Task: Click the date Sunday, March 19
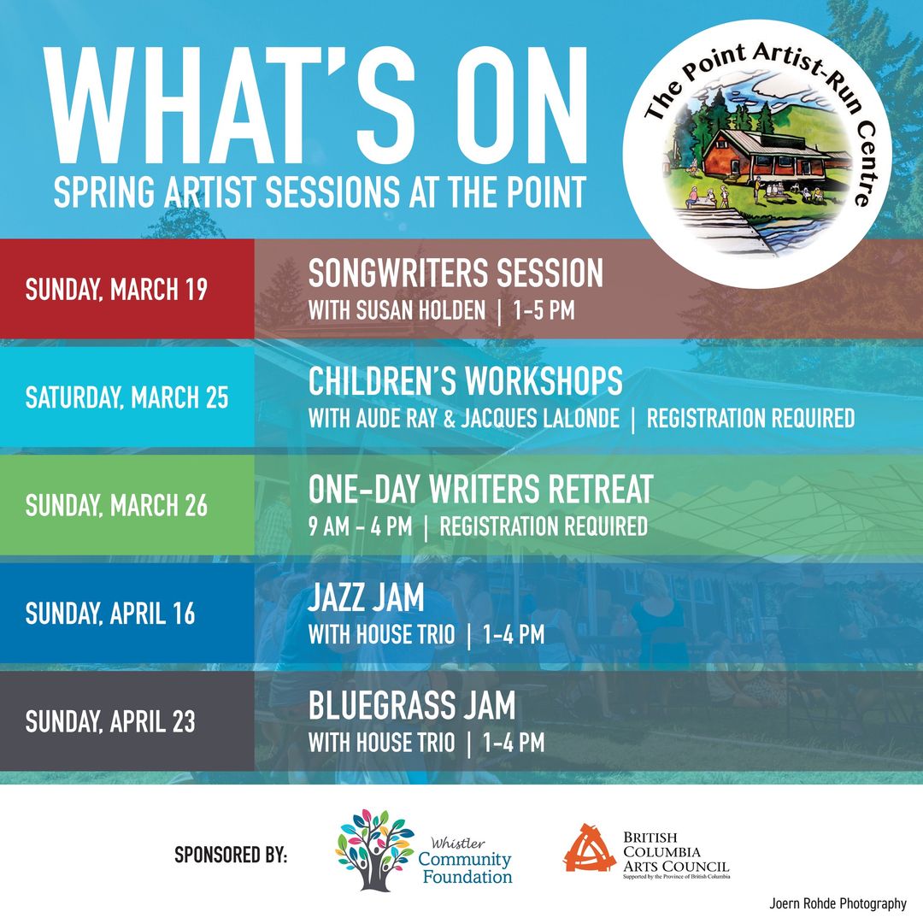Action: [116, 289]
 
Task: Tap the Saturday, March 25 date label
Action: [126, 397]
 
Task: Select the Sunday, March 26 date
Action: [116, 506]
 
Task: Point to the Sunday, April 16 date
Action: [110, 614]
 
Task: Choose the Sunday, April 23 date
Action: [110, 721]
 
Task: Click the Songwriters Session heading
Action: [456, 273]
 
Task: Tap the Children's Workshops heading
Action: [465, 381]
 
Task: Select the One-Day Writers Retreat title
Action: [480, 489]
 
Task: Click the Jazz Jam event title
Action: [366, 597]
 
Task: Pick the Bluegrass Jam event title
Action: [411, 705]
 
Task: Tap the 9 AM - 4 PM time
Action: [361, 526]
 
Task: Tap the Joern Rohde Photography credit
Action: [838, 903]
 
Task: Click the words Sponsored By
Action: [231, 855]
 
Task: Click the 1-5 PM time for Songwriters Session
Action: [544, 311]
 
